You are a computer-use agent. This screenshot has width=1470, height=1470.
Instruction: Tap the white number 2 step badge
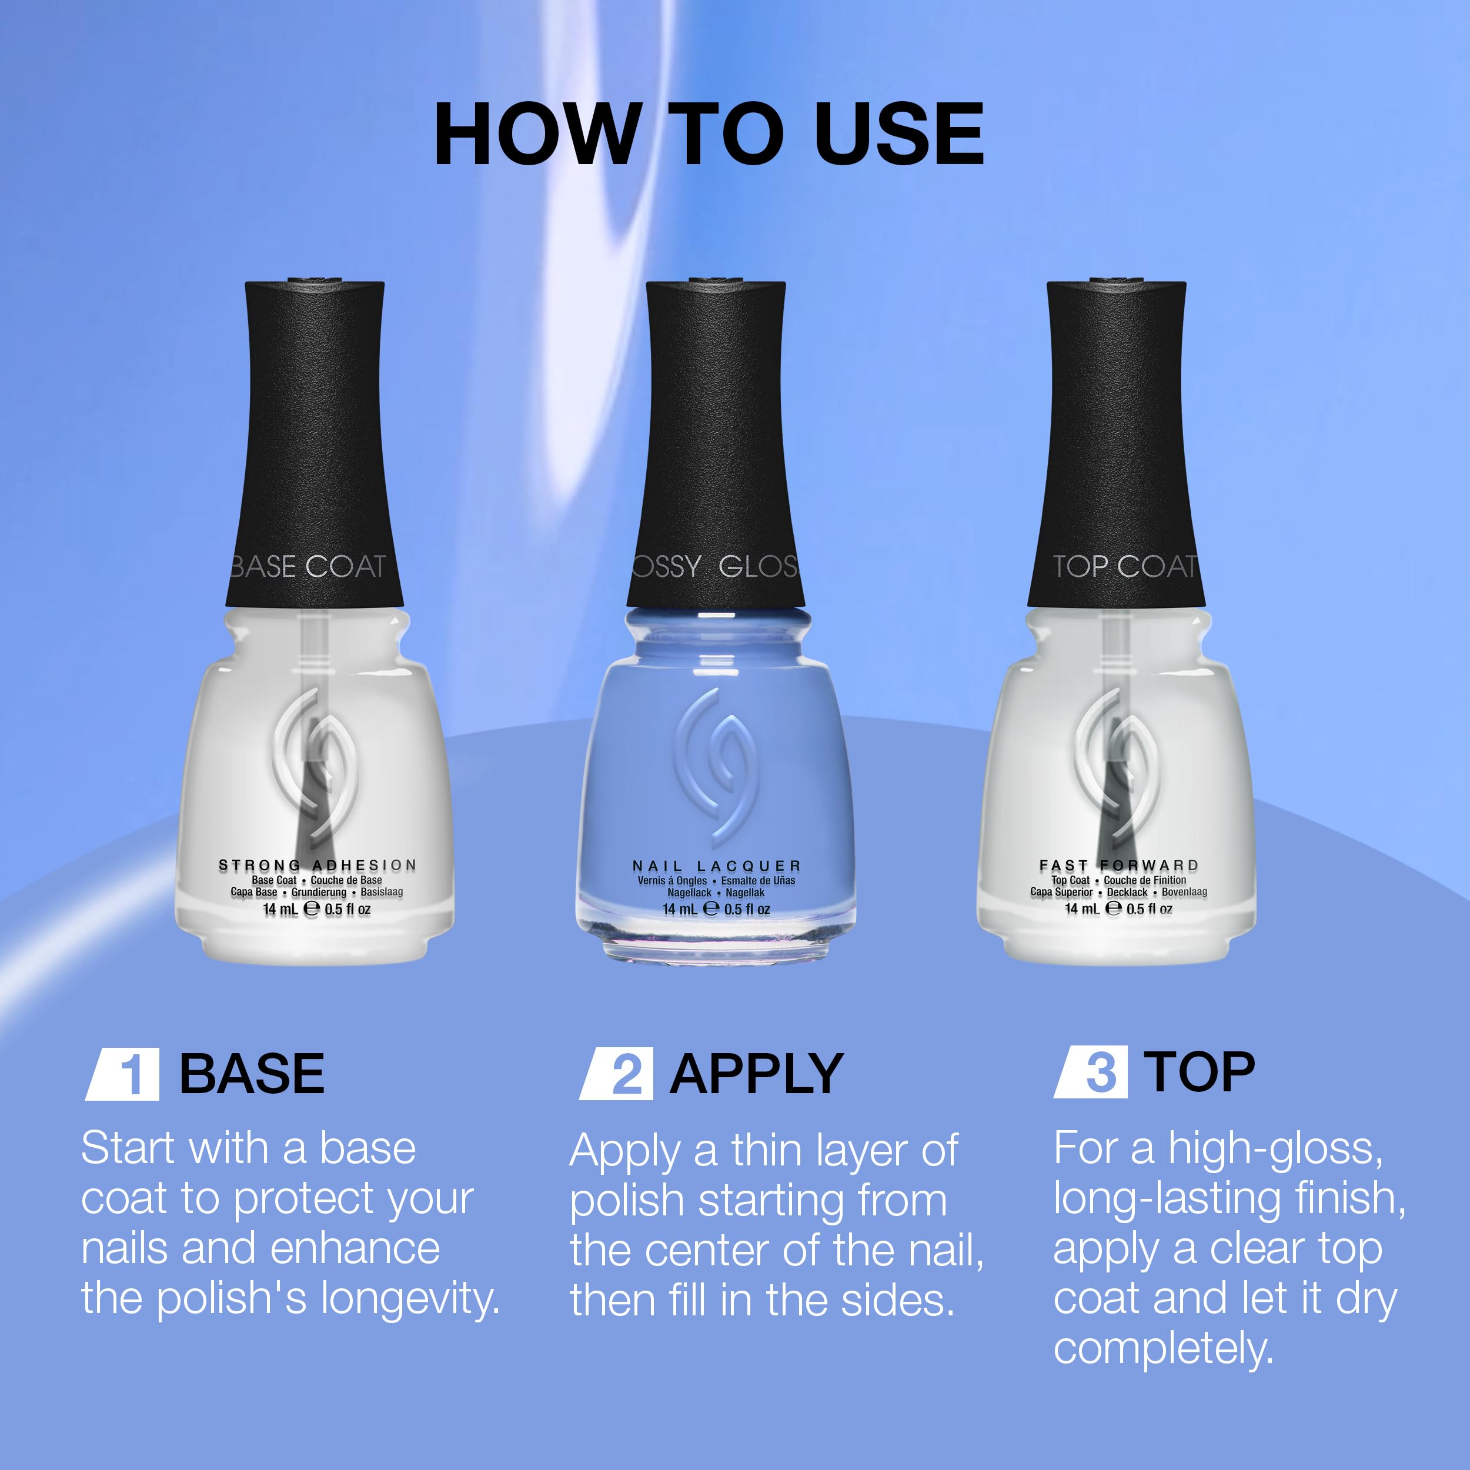pos(616,1073)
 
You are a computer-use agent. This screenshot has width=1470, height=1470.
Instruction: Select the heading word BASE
pos(252,1074)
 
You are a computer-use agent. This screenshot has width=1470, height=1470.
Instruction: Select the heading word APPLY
pos(756,1074)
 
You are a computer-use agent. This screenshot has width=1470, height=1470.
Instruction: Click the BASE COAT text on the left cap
pos(308,566)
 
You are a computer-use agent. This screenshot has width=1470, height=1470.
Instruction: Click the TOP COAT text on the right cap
pos(1125,566)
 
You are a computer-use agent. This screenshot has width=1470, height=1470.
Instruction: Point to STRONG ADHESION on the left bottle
pos(318,865)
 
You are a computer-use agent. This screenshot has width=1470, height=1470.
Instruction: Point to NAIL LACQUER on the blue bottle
pos(717,866)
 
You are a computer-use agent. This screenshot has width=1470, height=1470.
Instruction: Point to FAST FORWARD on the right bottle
pos(1119,865)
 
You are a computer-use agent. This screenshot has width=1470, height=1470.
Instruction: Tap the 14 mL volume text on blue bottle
pos(680,908)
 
